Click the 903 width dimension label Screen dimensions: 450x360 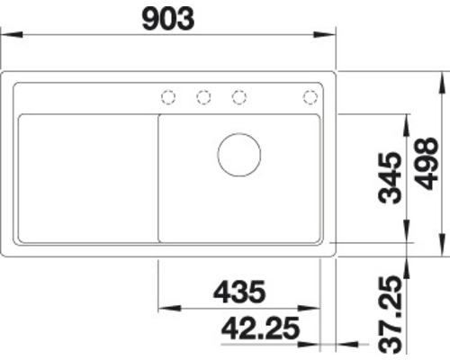tap(168, 19)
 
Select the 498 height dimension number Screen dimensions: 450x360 tap(427, 164)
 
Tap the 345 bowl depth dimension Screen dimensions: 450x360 tap(390, 178)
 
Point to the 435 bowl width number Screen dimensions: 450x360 tap(239, 292)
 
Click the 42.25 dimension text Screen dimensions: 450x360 tap(260, 328)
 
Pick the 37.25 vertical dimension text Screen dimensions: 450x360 tap(390, 315)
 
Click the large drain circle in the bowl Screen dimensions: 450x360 tap(239, 155)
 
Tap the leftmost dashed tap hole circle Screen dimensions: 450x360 tap(168, 97)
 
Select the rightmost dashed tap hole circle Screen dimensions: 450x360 tap(310, 97)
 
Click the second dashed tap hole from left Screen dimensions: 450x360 tap(203, 97)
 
